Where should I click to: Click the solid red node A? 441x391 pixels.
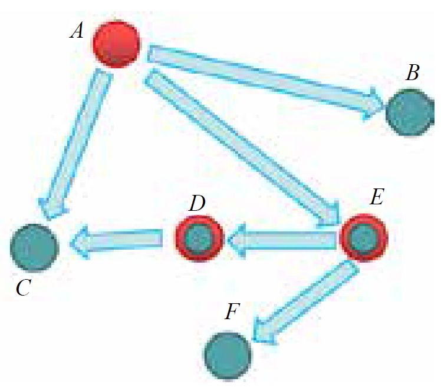[117, 44]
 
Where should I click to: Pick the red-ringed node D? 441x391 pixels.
[199, 238]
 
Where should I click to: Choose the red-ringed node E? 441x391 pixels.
[364, 238]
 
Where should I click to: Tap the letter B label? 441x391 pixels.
[413, 74]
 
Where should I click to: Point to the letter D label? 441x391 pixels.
[197, 203]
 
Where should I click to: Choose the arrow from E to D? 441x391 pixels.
[282, 239]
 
